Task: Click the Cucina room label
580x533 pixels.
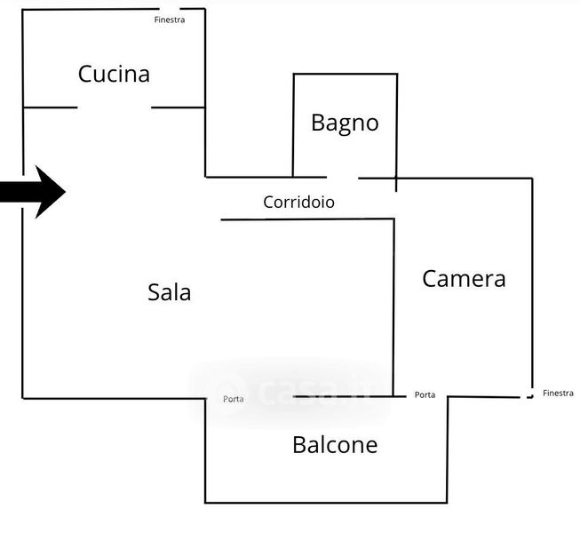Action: pyautogui.click(x=114, y=74)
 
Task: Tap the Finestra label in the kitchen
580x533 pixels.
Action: pyautogui.click(x=169, y=20)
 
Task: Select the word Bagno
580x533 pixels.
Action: pyautogui.click(x=345, y=123)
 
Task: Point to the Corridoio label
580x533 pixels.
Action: pyautogui.click(x=298, y=203)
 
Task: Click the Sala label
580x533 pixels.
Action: pyautogui.click(x=170, y=291)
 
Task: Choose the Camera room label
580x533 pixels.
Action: pyautogui.click(x=464, y=278)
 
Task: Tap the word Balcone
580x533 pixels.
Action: pyautogui.click(x=335, y=444)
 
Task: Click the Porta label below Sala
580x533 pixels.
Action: pyautogui.click(x=234, y=399)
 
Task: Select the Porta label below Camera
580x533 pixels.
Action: pyautogui.click(x=425, y=394)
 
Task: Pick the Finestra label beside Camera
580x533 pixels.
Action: pyautogui.click(x=558, y=393)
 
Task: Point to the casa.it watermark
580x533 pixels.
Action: pyautogui.click(x=293, y=389)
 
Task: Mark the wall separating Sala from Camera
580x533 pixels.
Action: pyautogui.click(x=393, y=302)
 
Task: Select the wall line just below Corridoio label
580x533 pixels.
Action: pyautogui.click(x=306, y=219)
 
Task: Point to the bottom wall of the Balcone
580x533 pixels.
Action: pyautogui.click(x=326, y=503)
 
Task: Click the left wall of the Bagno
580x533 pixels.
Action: pyautogui.click(x=294, y=124)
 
